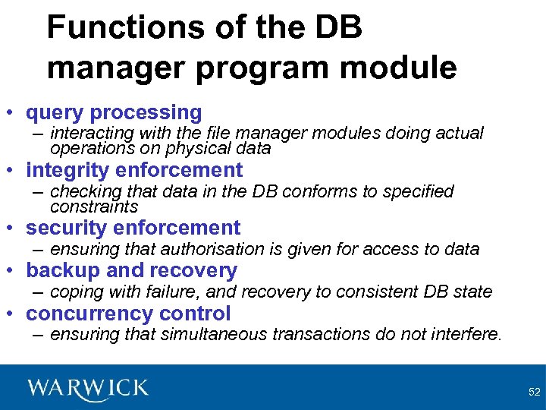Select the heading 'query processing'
(114, 113)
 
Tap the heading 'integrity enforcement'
(134, 170)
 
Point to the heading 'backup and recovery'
(131, 270)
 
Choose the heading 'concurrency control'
(128, 313)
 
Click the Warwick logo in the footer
(88, 389)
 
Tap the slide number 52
(534, 392)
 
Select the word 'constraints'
(94, 207)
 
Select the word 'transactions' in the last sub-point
(303, 334)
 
